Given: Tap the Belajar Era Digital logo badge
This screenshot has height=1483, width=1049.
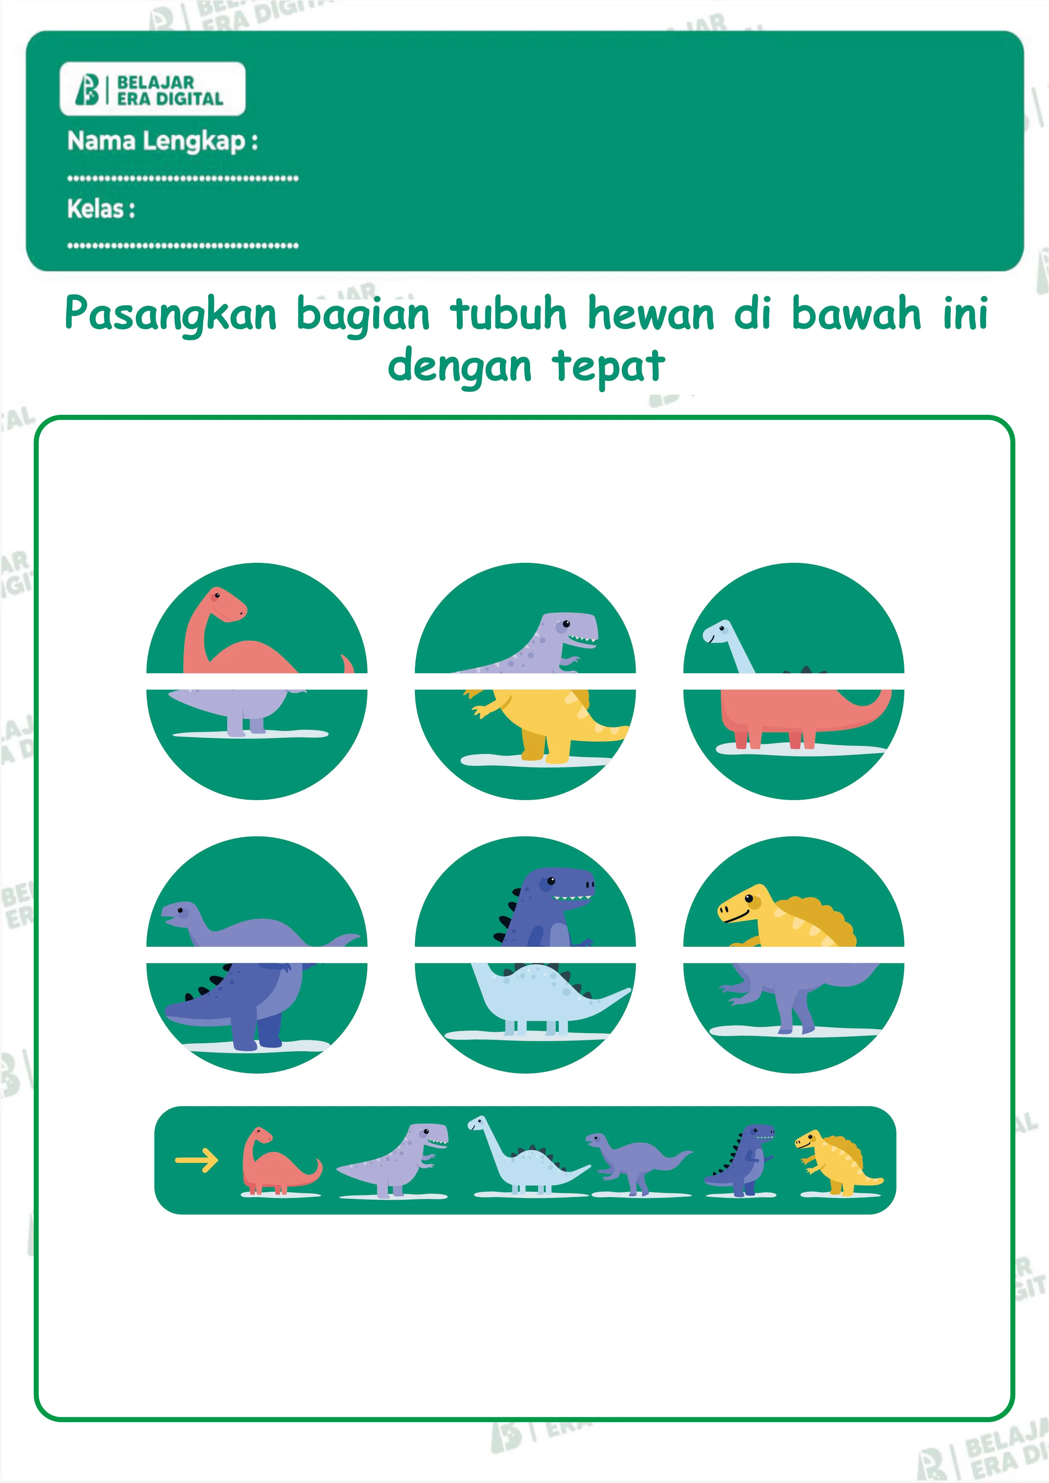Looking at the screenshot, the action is point(152,89).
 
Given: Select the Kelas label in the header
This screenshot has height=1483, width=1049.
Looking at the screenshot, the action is point(101,208).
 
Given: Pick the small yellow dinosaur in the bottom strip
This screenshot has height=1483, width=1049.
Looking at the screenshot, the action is point(837,1162).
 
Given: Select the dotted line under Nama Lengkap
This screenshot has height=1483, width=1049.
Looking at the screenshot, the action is point(183,178).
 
